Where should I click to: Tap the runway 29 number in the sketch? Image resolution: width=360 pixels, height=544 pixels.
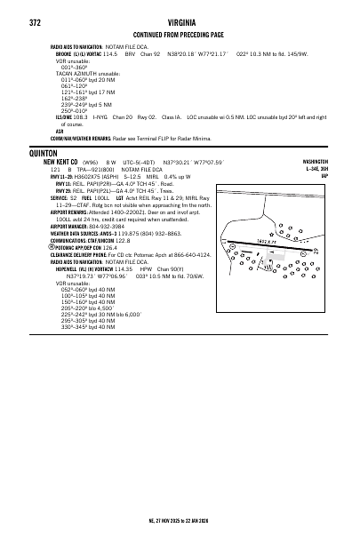[316, 252]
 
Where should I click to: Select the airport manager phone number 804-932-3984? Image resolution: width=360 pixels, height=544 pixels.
[108, 226]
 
